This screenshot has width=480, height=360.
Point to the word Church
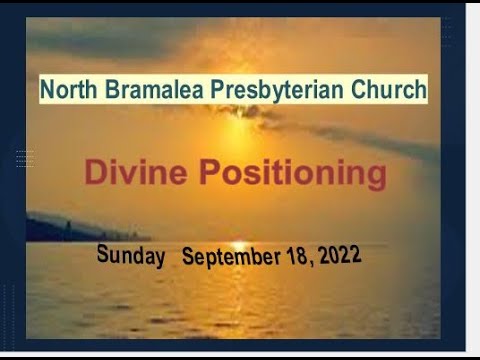(377, 91)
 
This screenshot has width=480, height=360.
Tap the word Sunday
(130, 255)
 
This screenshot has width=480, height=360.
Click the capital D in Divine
(94, 173)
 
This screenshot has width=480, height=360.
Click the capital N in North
(47, 91)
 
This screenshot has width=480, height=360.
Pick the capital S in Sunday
(103, 254)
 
